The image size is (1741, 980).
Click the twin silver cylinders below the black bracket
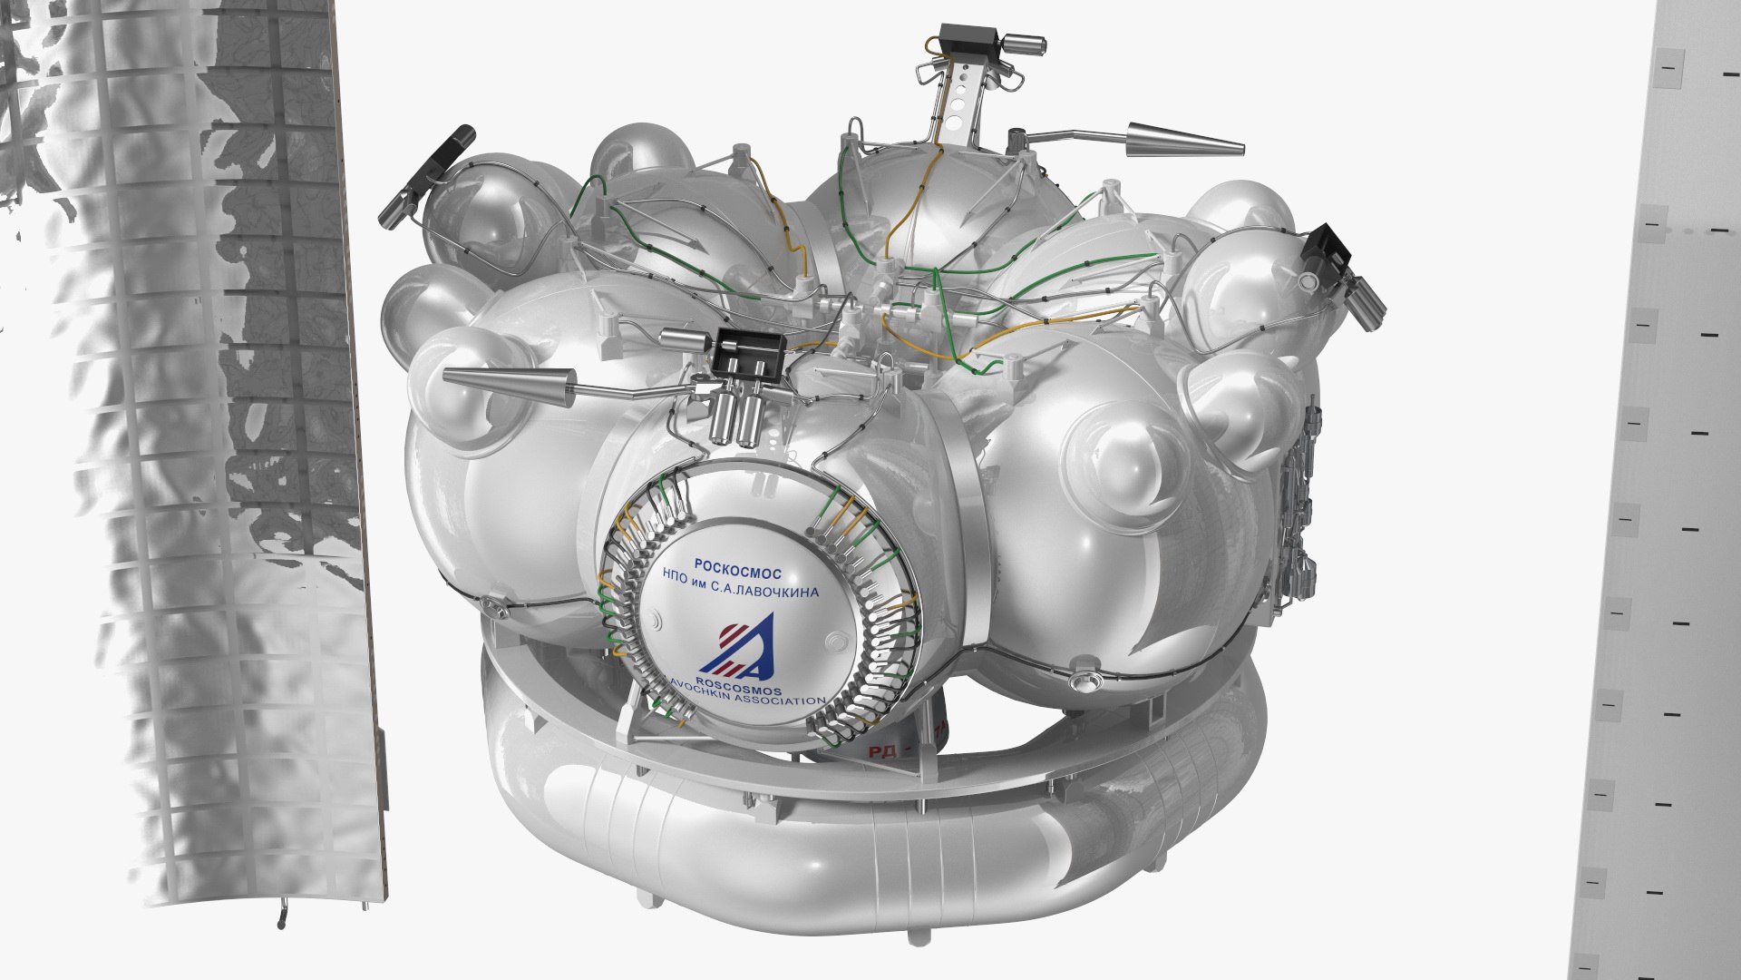pyautogui.click(x=735, y=418)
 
